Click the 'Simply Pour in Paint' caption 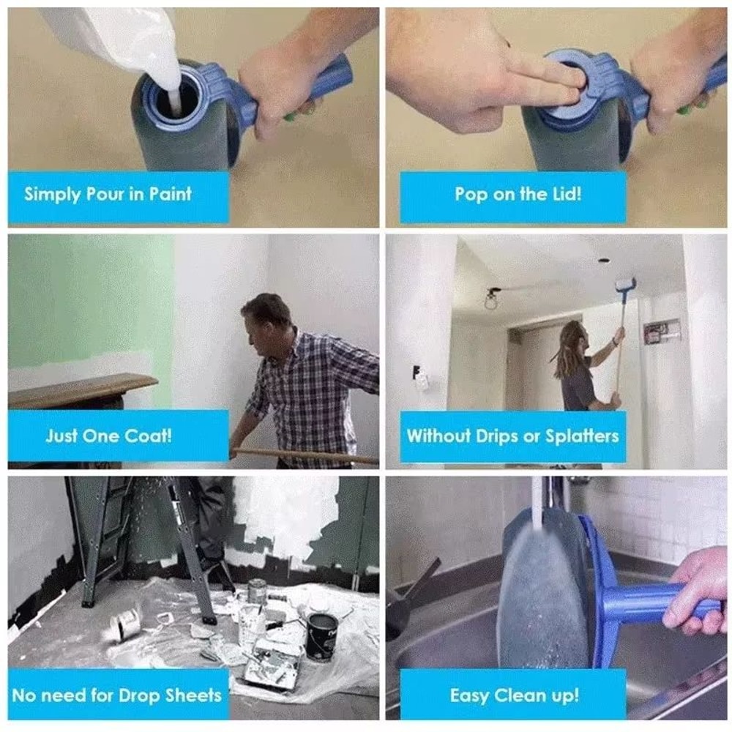tap(108, 195)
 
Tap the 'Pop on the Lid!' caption tap(518, 195)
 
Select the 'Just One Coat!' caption tap(108, 436)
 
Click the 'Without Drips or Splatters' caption tap(512, 436)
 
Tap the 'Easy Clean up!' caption tap(514, 694)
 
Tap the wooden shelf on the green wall tap(81, 388)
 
